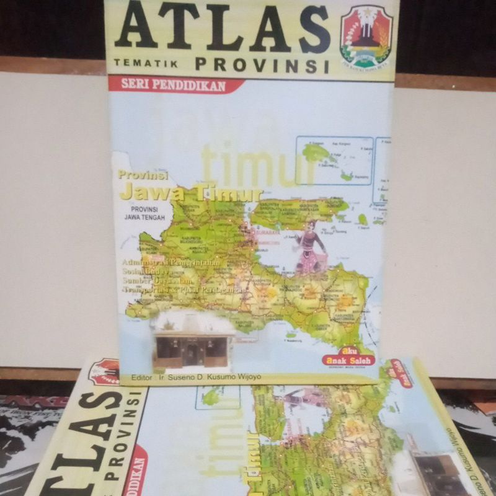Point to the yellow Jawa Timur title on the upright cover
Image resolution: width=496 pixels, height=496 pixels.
[191, 193]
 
